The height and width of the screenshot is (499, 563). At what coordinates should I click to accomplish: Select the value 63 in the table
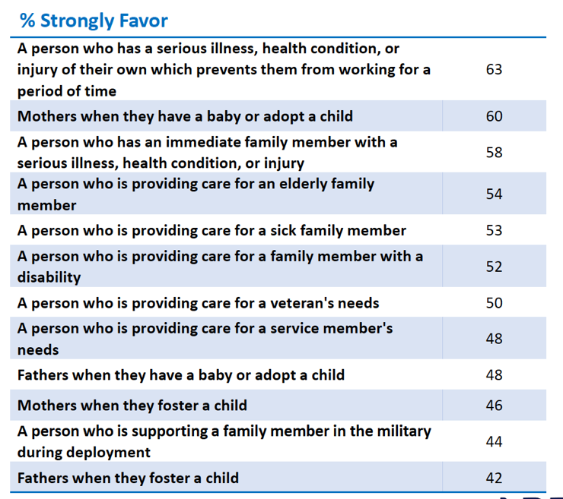[494, 69]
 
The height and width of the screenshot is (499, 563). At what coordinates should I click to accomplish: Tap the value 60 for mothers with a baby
[494, 116]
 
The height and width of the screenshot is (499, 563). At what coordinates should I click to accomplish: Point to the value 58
[494, 153]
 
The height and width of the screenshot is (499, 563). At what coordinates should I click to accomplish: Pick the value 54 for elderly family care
[494, 194]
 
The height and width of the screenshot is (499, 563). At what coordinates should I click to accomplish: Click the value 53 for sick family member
[494, 230]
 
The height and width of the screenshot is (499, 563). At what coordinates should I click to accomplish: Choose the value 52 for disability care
[494, 267]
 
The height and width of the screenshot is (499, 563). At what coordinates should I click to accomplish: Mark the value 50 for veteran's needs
[494, 303]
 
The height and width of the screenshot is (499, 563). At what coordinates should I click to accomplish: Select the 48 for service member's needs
[494, 339]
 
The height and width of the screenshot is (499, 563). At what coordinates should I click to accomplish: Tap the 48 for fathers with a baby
[494, 374]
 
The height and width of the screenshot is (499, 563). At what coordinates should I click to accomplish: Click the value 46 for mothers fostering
[494, 406]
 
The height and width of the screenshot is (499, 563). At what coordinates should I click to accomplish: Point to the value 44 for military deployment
[494, 441]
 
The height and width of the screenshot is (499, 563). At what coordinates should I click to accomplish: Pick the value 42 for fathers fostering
[494, 478]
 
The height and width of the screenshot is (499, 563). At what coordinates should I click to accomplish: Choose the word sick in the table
[269, 230]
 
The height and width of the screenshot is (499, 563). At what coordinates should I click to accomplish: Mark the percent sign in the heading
[27, 21]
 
